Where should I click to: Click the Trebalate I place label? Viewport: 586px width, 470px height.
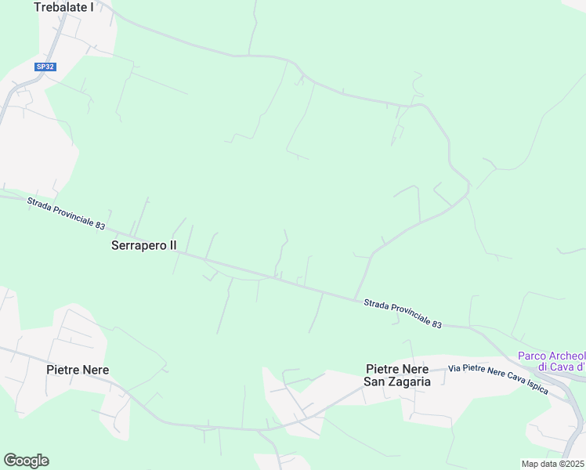(63, 7)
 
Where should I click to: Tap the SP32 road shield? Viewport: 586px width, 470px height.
(45, 67)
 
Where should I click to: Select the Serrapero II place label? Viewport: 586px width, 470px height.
(144, 245)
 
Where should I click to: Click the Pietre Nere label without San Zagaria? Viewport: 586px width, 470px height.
(78, 370)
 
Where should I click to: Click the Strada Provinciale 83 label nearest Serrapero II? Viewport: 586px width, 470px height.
(66, 213)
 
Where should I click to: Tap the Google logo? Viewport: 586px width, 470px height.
(26, 461)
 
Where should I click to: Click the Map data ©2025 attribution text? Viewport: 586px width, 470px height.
(553, 464)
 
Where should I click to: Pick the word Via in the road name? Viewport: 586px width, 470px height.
(454, 367)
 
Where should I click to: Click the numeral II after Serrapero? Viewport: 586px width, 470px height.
(172, 245)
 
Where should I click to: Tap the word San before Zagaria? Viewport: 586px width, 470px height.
(375, 381)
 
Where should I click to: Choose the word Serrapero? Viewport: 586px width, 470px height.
(139, 245)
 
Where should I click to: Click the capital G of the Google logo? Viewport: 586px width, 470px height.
(10, 460)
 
